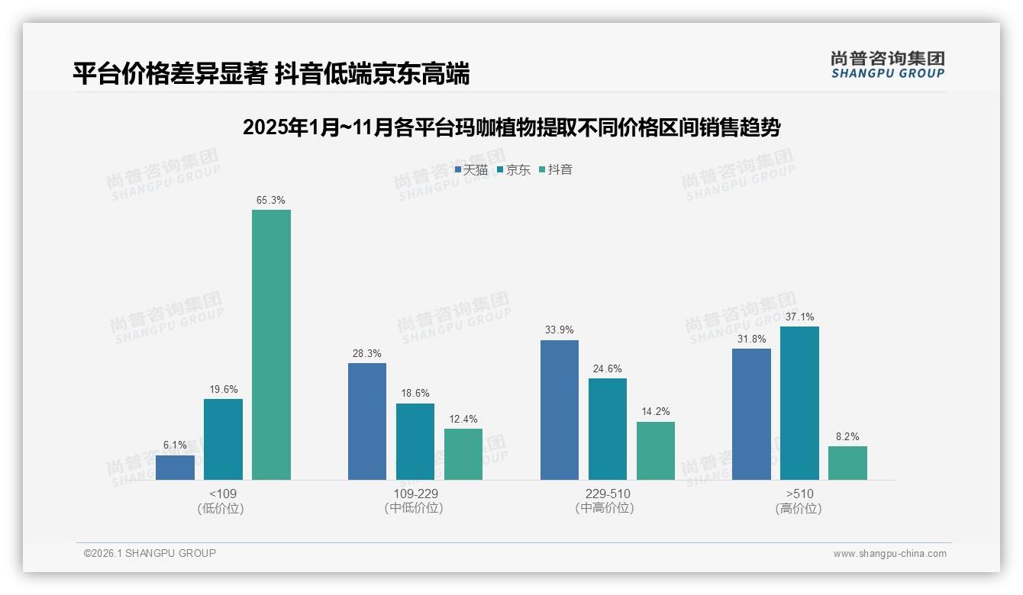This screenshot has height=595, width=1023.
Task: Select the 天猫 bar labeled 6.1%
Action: pos(175,468)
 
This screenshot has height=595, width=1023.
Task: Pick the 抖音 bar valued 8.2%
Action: pos(847,463)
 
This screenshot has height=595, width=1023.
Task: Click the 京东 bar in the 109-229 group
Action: pos(415,442)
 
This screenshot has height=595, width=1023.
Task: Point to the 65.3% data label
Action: pos(271,201)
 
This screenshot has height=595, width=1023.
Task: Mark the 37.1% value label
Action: pos(799,317)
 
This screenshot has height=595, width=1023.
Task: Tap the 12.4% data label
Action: pos(463,420)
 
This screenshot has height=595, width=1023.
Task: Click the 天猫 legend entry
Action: pos(471,169)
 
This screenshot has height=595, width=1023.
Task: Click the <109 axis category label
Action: pos(223,494)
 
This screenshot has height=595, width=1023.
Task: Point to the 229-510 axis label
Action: pos(607,494)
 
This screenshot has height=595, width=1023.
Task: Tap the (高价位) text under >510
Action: pos(799,509)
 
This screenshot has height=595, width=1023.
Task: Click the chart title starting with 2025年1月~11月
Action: pos(511,127)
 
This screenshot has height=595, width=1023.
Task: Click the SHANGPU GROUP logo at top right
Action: pos(887,65)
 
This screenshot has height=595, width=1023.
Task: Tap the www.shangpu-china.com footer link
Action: pos(889,554)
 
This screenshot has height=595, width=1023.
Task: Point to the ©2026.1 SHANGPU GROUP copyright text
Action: pos(150,553)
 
